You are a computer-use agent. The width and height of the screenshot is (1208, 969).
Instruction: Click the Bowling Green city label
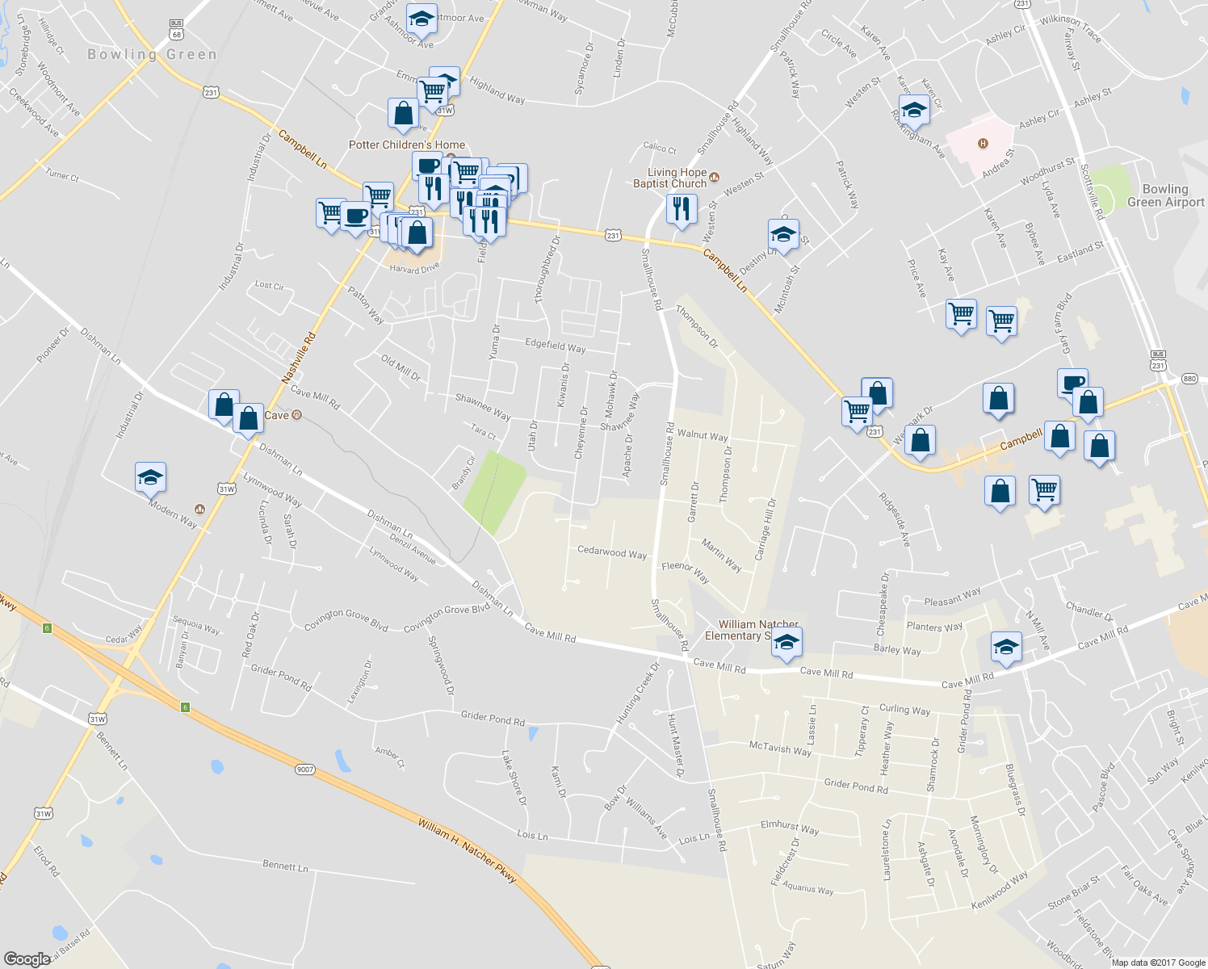click(x=152, y=55)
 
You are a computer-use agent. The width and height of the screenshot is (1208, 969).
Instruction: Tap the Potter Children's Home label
click(x=406, y=145)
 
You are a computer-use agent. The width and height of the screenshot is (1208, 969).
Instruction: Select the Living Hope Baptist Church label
click(x=677, y=178)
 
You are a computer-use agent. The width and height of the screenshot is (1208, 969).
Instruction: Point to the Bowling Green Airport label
click(x=1164, y=195)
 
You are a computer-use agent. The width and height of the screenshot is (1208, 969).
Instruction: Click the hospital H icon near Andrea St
click(x=983, y=144)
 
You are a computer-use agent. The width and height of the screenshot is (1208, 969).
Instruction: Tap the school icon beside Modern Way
click(x=150, y=477)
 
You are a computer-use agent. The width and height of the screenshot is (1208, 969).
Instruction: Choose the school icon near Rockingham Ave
click(x=913, y=110)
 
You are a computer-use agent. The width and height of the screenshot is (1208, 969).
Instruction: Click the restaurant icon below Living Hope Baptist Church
click(x=681, y=209)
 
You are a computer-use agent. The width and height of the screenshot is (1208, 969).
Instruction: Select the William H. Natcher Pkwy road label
click(x=467, y=851)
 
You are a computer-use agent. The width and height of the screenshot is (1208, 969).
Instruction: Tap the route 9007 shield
click(x=304, y=770)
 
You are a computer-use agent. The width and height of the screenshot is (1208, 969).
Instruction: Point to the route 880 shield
click(x=1189, y=379)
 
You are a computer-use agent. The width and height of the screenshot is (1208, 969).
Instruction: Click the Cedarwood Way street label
click(x=612, y=553)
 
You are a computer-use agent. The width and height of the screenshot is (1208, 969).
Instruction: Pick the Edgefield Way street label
click(x=555, y=346)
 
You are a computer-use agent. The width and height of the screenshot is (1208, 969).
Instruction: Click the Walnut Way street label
click(x=702, y=435)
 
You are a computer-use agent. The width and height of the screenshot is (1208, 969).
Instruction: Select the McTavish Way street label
click(x=779, y=749)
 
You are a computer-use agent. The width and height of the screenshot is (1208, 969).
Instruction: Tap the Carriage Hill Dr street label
click(x=765, y=530)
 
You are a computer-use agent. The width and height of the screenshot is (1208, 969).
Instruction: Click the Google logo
click(x=27, y=959)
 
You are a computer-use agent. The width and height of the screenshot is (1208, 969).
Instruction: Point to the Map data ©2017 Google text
click(x=1157, y=963)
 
